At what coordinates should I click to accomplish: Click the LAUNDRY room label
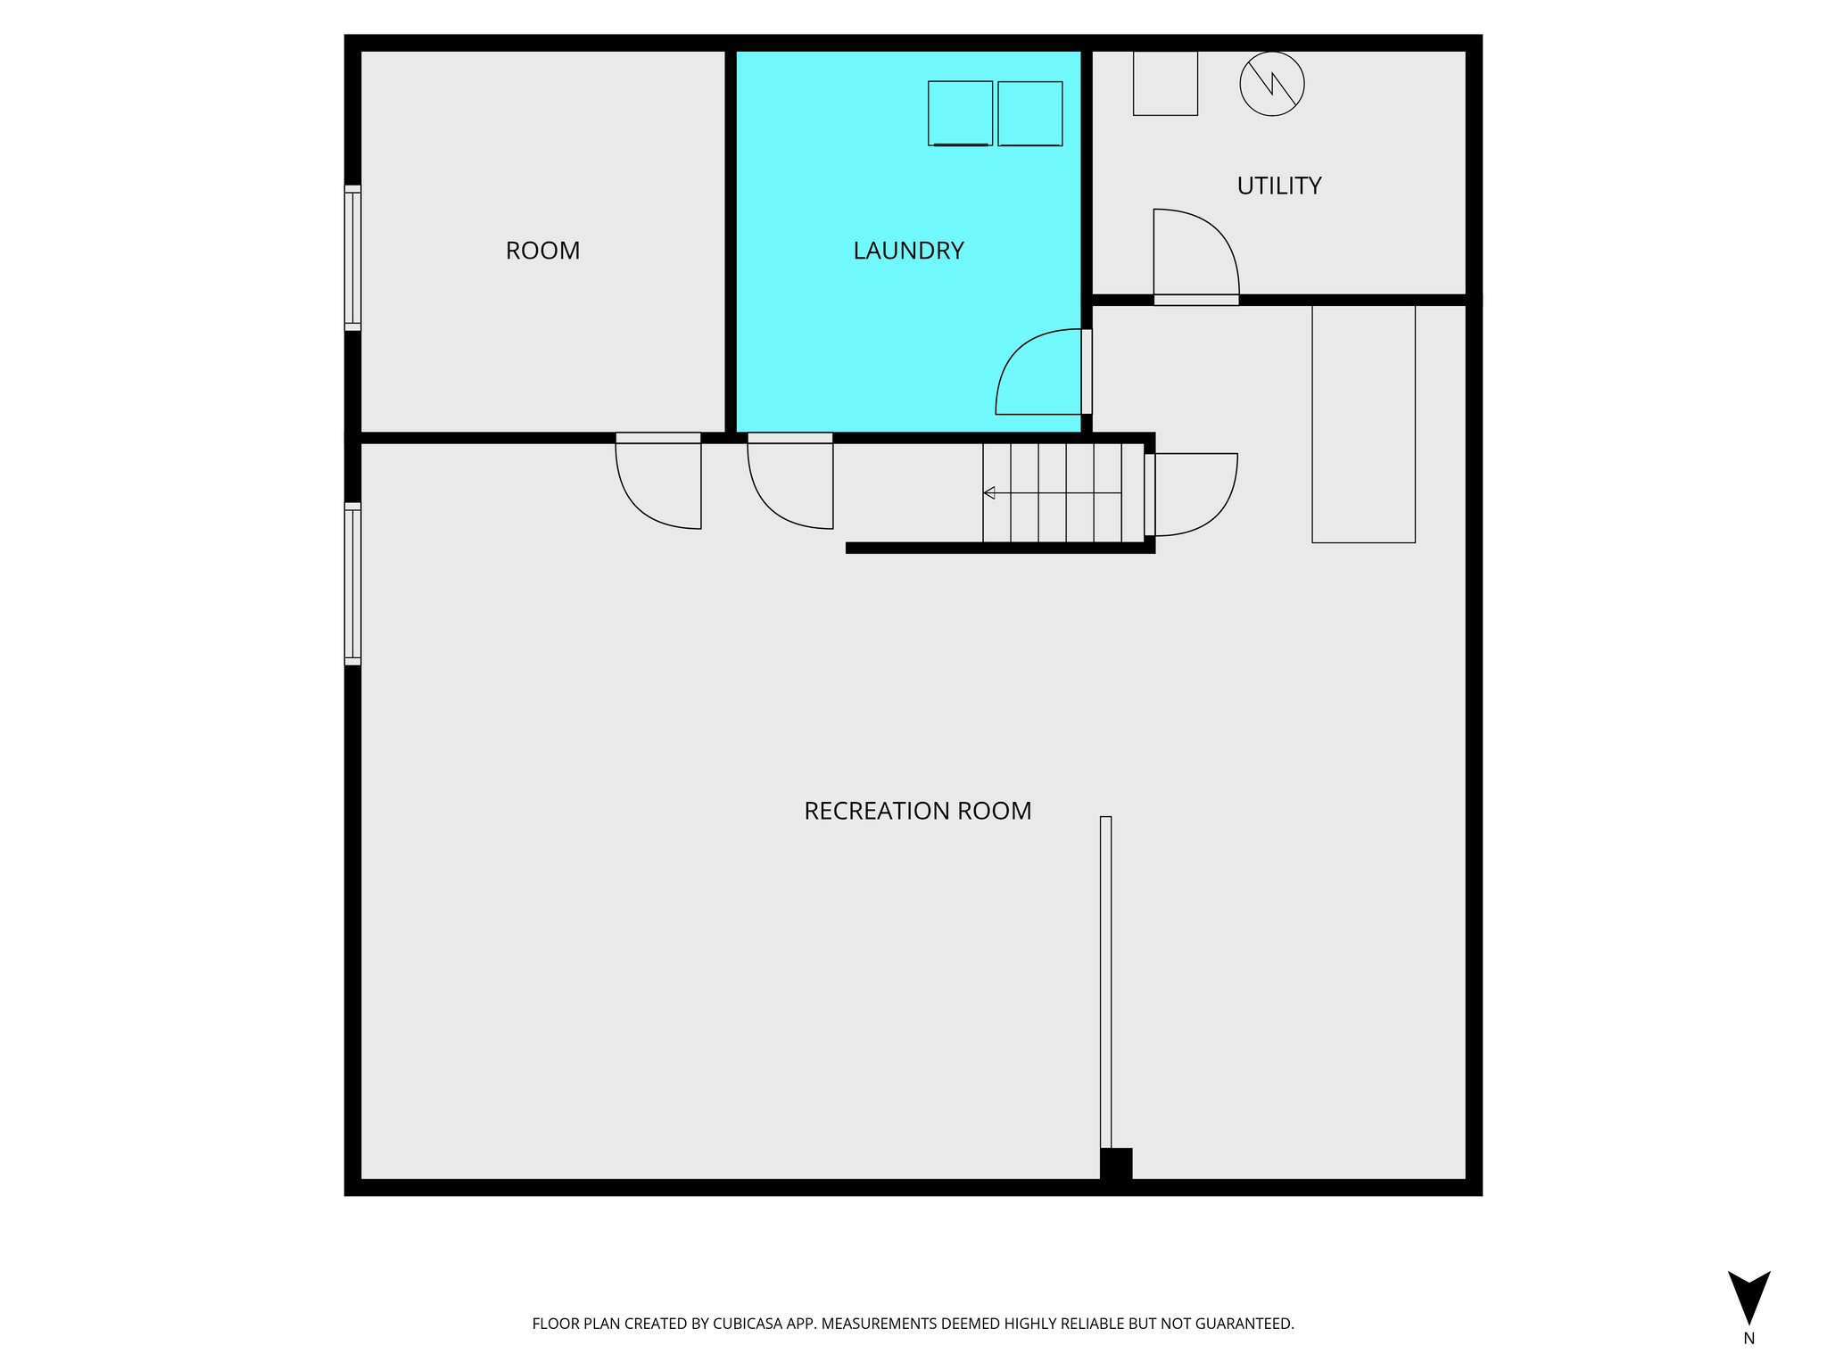click(908, 251)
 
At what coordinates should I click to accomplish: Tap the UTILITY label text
click(1278, 186)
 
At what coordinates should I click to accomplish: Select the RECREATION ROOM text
click(917, 811)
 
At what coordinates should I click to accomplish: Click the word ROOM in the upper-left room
click(542, 251)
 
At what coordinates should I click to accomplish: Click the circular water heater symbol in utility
click(1272, 84)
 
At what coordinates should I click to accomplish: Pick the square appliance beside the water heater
click(1165, 83)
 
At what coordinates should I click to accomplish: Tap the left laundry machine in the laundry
click(960, 113)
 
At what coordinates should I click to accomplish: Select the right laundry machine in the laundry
click(1029, 113)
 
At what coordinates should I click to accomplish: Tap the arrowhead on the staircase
click(989, 493)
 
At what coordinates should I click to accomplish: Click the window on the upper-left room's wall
click(353, 258)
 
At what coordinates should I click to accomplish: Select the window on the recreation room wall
click(353, 583)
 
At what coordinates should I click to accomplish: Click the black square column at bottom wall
click(1116, 1164)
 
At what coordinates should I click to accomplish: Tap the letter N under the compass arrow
click(1748, 1339)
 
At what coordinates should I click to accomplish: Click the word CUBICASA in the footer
click(747, 1324)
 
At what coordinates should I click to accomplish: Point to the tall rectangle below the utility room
click(1363, 424)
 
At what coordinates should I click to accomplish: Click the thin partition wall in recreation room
click(1105, 981)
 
